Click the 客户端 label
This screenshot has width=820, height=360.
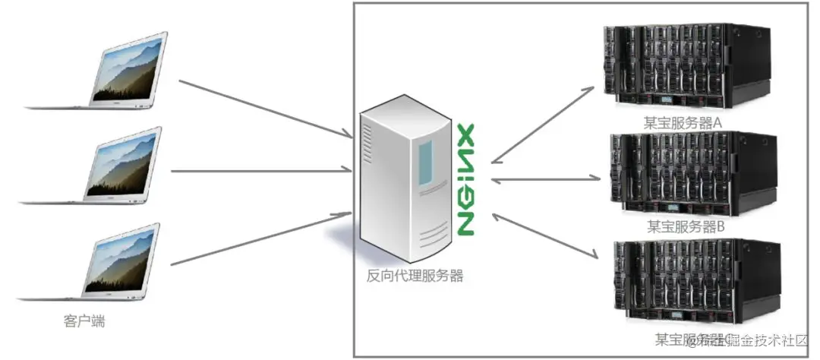(x=84, y=321)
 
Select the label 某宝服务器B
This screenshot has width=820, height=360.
(x=686, y=226)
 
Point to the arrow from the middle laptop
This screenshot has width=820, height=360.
(x=263, y=171)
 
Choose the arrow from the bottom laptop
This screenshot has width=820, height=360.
(x=263, y=239)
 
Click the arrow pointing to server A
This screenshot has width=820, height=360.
(x=544, y=125)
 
